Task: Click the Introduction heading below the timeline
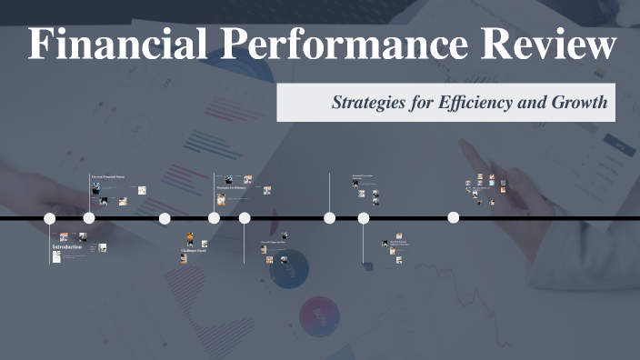[x=66, y=247]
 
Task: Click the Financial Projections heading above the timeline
[x=364, y=175]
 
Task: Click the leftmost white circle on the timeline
[x=50, y=218]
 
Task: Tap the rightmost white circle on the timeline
[x=453, y=218]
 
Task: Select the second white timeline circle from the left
[x=89, y=218]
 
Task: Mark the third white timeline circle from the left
[x=165, y=218]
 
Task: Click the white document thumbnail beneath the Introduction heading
[x=56, y=258]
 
